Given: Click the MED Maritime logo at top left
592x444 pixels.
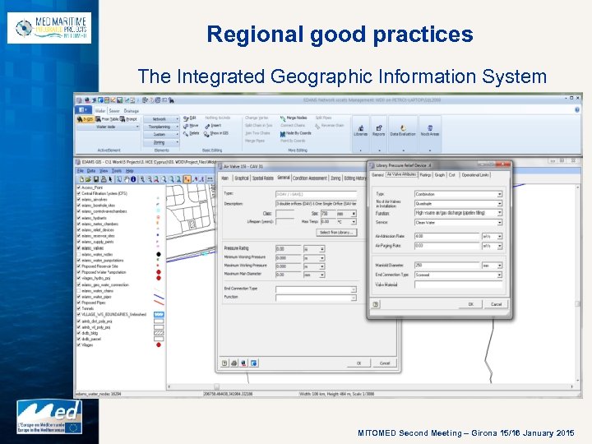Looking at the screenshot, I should (x=49, y=28).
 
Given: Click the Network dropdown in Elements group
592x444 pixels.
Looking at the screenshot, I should (x=161, y=119).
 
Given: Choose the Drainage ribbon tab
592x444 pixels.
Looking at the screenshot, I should (x=132, y=110).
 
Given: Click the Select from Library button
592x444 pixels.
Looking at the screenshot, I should (x=335, y=233).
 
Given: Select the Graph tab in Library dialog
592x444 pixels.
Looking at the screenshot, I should (x=440, y=174).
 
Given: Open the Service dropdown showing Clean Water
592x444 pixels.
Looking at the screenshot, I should (x=457, y=222).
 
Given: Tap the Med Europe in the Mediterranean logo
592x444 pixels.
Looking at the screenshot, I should (x=50, y=417).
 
